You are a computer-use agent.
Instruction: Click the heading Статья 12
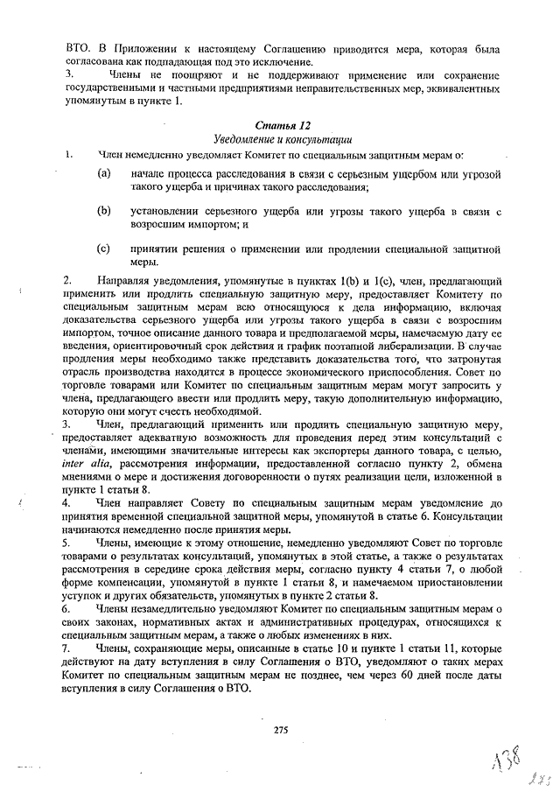click(x=282, y=126)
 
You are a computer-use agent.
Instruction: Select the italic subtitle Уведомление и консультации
click(x=282, y=139)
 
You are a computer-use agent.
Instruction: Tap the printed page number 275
click(x=281, y=729)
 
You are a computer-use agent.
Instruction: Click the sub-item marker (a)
click(x=104, y=174)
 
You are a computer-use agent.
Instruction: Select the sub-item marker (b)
click(x=104, y=211)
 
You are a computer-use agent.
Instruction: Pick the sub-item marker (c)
click(x=104, y=248)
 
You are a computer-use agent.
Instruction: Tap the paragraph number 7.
click(x=68, y=648)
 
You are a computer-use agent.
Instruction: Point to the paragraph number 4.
click(x=68, y=505)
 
